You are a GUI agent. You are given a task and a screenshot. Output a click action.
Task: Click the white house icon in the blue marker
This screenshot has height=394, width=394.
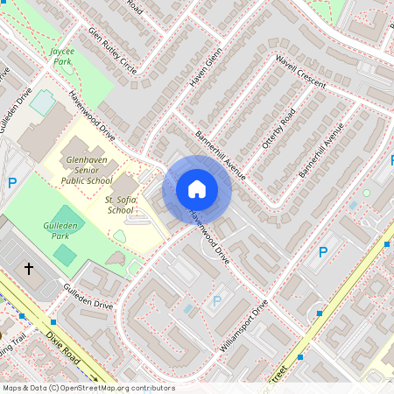[197, 188]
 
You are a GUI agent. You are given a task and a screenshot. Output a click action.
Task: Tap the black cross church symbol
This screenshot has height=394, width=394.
[28, 268]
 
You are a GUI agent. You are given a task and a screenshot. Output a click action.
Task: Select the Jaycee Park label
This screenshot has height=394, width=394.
[62, 57]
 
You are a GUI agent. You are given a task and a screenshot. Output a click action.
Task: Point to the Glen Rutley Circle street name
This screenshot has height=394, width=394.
[113, 53]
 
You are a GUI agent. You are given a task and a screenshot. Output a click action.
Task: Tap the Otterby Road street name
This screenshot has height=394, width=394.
[278, 133]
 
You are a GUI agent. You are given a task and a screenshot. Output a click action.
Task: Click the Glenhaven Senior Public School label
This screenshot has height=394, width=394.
[87, 168]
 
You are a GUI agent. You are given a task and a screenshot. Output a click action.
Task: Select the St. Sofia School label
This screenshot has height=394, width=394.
[119, 204]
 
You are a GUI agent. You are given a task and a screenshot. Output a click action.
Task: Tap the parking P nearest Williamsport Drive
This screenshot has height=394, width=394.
[216, 300]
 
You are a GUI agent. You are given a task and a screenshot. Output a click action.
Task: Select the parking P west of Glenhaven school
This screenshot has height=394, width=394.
[12, 182]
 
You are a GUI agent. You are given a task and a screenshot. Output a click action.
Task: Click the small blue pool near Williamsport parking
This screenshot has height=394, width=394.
[190, 308]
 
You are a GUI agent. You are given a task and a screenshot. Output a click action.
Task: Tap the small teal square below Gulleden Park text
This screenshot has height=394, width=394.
[64, 255]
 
